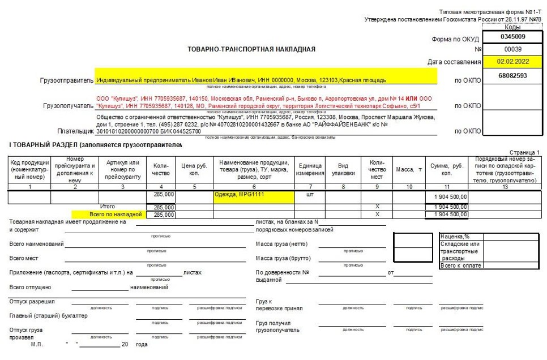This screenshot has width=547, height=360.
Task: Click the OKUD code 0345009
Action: tap(512, 37)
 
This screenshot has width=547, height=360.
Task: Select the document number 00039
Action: tap(512, 49)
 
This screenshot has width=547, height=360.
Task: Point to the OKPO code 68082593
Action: tap(512, 75)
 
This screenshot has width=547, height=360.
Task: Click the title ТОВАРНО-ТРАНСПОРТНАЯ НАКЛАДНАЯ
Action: tap(251, 49)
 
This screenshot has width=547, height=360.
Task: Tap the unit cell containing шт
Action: tap(309, 195)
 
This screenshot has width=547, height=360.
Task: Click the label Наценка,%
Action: tap(455, 237)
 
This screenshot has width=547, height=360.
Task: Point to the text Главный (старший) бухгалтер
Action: tap(49, 315)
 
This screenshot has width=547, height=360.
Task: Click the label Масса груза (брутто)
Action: tap(284, 258)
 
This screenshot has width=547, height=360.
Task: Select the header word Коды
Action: tap(512, 27)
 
